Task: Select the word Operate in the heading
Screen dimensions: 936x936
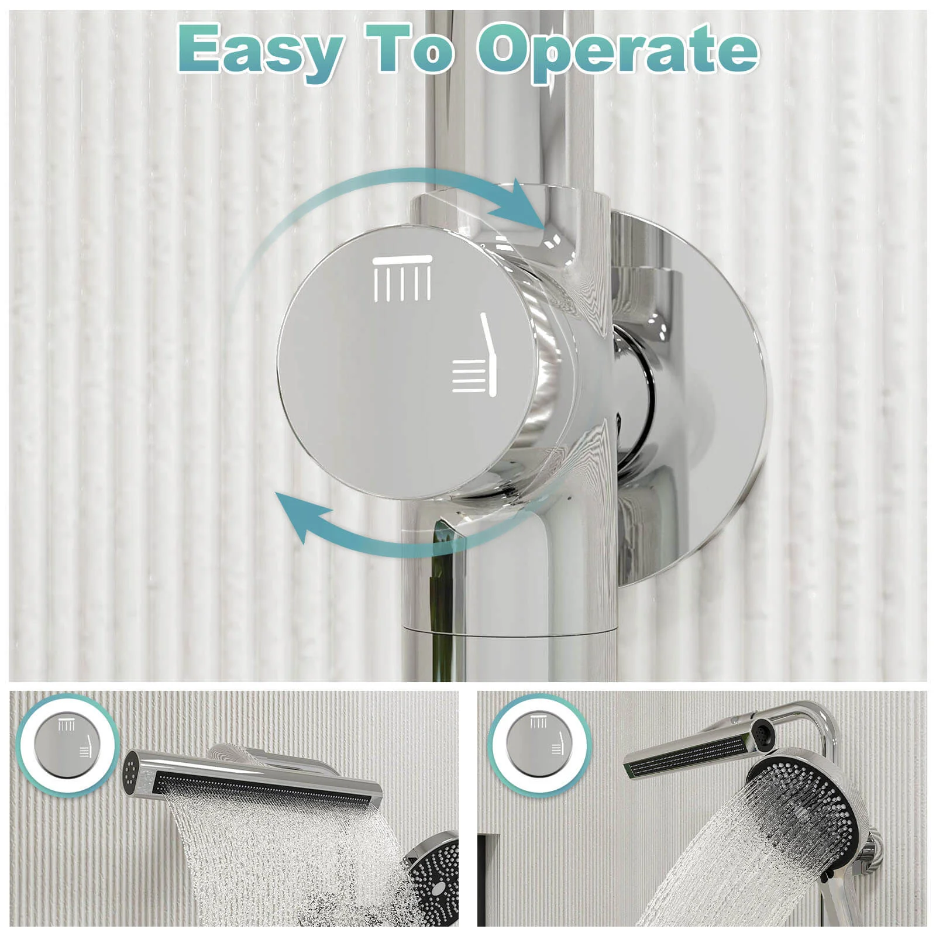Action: click(x=617, y=53)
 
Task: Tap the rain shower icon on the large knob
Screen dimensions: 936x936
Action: click(x=402, y=278)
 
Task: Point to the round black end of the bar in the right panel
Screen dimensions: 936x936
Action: click(x=762, y=731)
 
